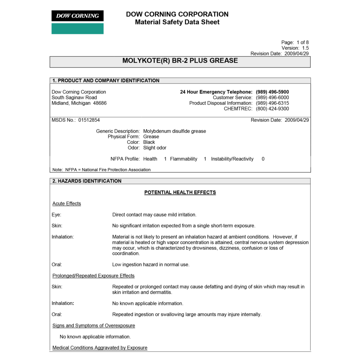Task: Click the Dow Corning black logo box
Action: [77, 16]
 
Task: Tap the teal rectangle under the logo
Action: [77, 28]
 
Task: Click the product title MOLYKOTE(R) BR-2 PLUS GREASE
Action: [180, 61]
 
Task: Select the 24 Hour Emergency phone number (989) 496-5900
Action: [272, 92]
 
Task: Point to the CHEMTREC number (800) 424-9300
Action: [272, 109]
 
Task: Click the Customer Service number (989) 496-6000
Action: [272, 98]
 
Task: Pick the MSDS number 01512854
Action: [89, 120]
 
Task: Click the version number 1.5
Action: [305, 48]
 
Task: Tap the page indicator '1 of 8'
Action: [302, 43]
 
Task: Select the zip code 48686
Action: [99, 103]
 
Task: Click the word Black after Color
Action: [149, 142]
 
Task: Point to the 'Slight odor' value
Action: [155, 148]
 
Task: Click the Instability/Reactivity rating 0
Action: [263, 159]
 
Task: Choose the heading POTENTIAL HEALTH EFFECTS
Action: [180, 193]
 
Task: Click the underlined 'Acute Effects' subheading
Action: [66, 204]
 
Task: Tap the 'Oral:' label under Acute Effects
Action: [57, 265]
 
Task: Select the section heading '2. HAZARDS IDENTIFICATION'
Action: [87, 181]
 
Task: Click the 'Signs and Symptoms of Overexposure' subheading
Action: [94, 326]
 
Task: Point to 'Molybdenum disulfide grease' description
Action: [174, 131]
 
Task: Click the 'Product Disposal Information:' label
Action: [221, 103]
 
